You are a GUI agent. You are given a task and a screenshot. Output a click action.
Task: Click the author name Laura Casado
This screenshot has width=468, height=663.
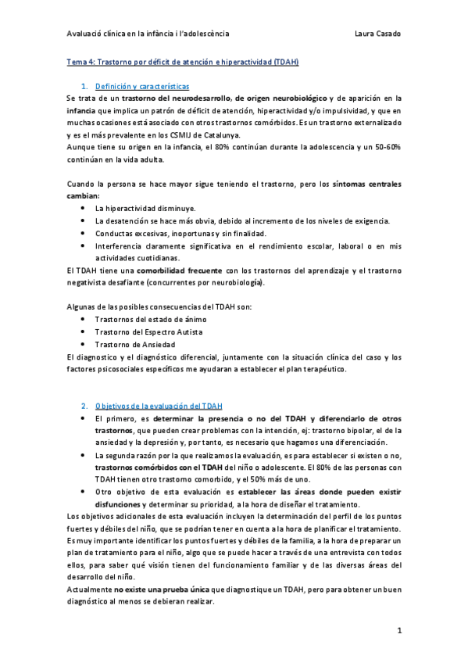tap(378, 34)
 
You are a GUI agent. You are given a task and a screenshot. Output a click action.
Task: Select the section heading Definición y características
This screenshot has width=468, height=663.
tap(142, 85)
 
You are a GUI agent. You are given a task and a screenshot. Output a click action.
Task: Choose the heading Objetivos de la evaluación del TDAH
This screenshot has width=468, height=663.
tap(159, 406)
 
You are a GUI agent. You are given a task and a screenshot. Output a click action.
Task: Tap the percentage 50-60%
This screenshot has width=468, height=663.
tap(384, 147)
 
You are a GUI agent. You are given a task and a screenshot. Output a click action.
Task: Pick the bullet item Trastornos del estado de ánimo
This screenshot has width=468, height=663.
tap(148, 319)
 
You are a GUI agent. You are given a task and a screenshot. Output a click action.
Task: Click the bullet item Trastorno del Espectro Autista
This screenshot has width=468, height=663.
tap(148, 331)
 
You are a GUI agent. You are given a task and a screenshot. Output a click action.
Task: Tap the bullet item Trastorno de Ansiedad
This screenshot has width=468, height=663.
tap(134, 344)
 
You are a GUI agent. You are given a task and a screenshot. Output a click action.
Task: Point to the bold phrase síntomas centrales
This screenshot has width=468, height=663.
tap(366, 185)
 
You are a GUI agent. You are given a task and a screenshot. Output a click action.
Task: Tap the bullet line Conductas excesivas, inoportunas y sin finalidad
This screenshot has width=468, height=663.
tap(180, 233)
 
